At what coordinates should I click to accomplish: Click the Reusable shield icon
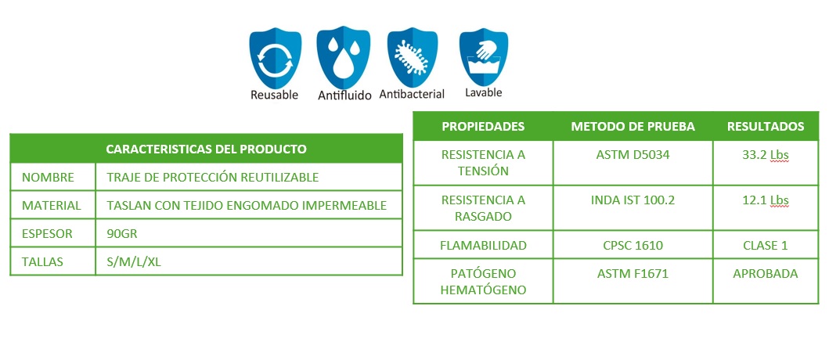[x=275, y=58]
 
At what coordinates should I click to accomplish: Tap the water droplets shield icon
[x=343, y=57]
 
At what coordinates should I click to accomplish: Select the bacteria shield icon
[x=413, y=57]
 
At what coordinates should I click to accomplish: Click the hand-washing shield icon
[x=483, y=57]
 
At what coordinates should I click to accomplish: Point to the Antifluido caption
[x=344, y=95]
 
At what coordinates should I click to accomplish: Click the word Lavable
[x=483, y=92]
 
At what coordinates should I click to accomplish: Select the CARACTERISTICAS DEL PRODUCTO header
[x=206, y=149]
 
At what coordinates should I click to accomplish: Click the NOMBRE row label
[x=48, y=177]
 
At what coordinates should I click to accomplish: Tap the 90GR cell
[x=122, y=233]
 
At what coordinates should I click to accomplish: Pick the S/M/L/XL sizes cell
[x=134, y=261]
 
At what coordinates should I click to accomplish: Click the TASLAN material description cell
[x=247, y=205]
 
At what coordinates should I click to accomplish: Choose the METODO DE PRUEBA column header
[x=633, y=126]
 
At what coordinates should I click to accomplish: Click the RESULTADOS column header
[x=766, y=126]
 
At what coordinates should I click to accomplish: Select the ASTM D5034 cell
[x=633, y=155]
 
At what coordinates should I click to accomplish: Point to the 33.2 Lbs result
[x=766, y=155]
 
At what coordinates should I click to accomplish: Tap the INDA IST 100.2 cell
[x=633, y=200]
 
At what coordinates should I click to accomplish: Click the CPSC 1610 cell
[x=633, y=245]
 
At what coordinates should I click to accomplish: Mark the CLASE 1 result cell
[x=766, y=245]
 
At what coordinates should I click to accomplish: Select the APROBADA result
[x=766, y=274]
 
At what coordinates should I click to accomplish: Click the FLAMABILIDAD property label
[x=483, y=245]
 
